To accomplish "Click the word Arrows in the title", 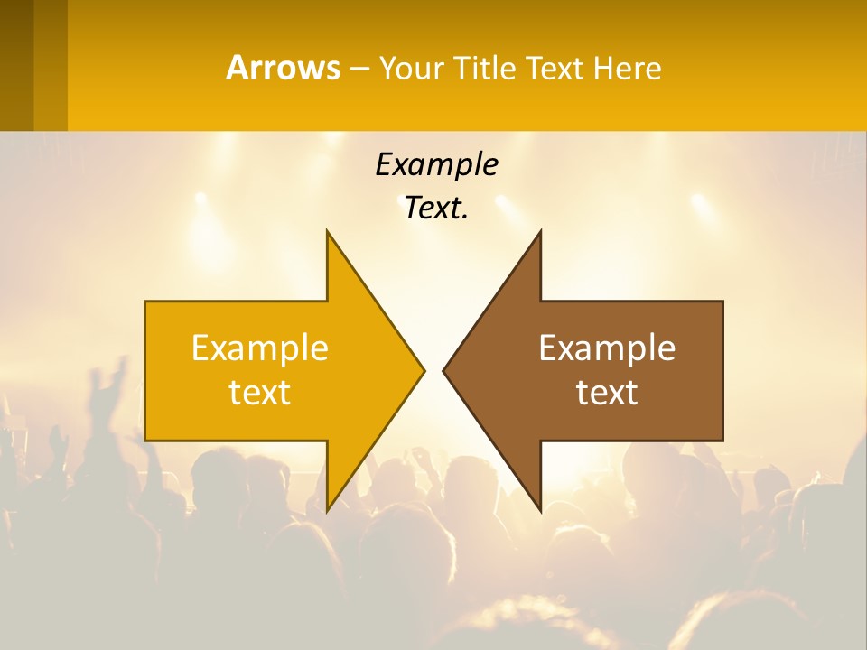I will pyautogui.click(x=283, y=68).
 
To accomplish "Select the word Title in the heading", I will pyautogui.click(x=484, y=69).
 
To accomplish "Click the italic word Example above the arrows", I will pyautogui.click(x=436, y=165).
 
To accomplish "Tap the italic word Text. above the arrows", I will pyautogui.click(x=436, y=209).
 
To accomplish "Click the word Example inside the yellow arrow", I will pyautogui.click(x=260, y=348).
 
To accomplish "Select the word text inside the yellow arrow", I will pyautogui.click(x=260, y=393).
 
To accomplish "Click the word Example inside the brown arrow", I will pyautogui.click(x=607, y=348).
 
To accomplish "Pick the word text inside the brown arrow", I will pyautogui.click(x=607, y=393).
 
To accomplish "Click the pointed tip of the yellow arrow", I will pyautogui.click(x=423, y=370).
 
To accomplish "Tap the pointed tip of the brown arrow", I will pyautogui.click(x=444, y=370).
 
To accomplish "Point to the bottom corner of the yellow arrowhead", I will pyautogui.click(x=328, y=509).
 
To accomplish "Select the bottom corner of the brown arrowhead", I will pyautogui.click(x=540, y=509).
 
